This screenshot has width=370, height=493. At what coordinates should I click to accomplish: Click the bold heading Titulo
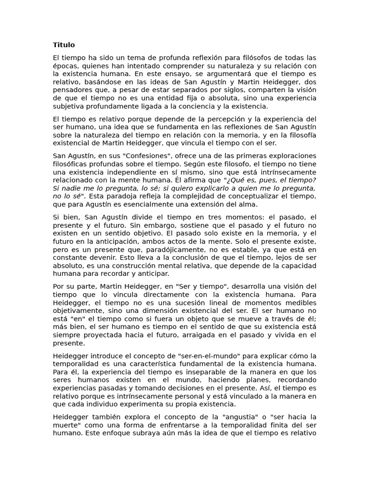pyautogui.click(x=64, y=45)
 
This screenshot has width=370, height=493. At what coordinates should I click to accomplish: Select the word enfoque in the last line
pyautogui.click(x=113, y=433)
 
